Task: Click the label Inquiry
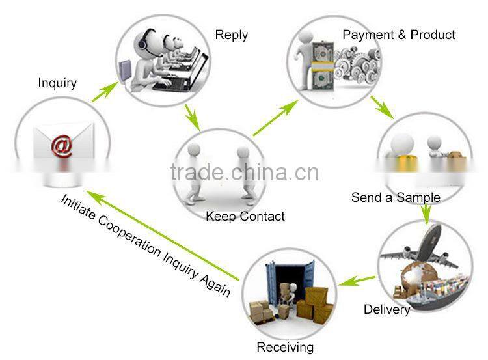tap(57, 83)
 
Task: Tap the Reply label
tap(232, 35)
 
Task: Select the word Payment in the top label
tap(368, 35)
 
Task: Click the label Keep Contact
tap(245, 216)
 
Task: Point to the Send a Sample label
tap(396, 197)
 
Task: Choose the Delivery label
tap(387, 310)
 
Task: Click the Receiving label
tap(285, 347)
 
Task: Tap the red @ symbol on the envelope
tap(62, 146)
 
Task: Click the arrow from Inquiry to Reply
tap(105, 92)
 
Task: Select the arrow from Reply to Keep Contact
tap(192, 117)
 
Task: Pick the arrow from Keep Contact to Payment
tap(276, 118)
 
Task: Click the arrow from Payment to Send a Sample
tap(383, 108)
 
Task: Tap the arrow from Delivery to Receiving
tap(357, 281)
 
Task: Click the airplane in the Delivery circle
tap(420, 248)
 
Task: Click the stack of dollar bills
tap(323, 66)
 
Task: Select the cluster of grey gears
tap(357, 64)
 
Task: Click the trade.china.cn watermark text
tap(245, 173)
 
